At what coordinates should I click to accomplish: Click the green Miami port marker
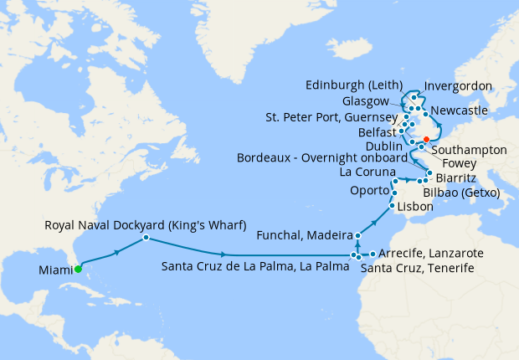(x=77, y=269)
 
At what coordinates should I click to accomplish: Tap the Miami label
(x=54, y=270)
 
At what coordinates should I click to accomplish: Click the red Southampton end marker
(x=426, y=139)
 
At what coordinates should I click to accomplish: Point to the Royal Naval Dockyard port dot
(x=146, y=238)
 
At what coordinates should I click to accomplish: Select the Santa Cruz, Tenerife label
(x=417, y=268)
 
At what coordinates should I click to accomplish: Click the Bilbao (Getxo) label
(x=461, y=193)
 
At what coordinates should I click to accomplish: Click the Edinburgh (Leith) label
(x=354, y=85)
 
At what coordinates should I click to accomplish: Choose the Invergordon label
(x=459, y=86)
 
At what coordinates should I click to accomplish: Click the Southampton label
(x=471, y=149)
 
